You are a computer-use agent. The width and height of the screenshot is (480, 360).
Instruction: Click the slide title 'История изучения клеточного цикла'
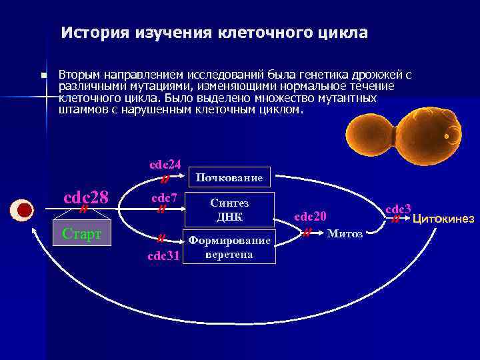[214, 33]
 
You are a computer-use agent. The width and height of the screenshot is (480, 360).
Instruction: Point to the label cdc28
[85, 198]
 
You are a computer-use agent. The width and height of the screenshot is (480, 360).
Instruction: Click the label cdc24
[165, 164]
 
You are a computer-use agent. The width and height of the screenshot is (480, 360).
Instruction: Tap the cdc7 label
[164, 197]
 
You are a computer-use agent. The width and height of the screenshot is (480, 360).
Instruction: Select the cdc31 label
[164, 255]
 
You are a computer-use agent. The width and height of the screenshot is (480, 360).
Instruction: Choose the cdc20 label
[311, 216]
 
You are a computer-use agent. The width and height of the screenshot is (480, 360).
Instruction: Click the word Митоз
[345, 234]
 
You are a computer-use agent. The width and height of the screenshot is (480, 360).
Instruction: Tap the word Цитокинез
[443, 219]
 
